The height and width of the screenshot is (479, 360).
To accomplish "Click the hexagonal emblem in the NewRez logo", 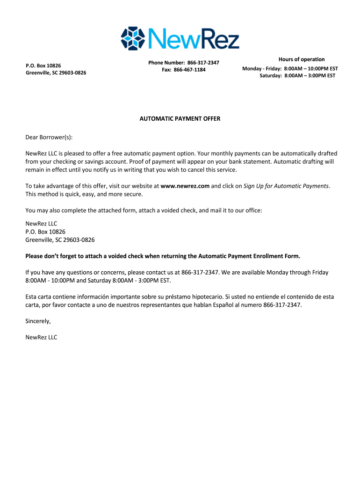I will coord(133,38).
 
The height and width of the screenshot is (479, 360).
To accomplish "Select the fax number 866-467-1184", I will coord(189,70).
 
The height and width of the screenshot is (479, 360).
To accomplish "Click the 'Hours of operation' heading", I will coord(302,59).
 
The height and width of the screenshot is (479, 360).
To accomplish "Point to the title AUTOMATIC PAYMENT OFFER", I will coord(180,119).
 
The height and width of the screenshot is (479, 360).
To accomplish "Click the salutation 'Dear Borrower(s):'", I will coord(49,138).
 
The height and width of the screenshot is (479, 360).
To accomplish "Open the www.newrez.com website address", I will coord(185,186).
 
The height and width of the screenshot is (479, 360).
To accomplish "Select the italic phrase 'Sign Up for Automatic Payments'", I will coord(286,186).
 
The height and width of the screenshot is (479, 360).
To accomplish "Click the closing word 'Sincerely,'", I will coord(38,321).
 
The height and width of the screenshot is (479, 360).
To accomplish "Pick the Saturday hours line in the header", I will coord(297,76).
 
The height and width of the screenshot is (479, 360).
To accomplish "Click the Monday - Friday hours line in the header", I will coord(290,69).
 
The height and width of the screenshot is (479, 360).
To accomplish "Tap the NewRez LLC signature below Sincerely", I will coord(41,337).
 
